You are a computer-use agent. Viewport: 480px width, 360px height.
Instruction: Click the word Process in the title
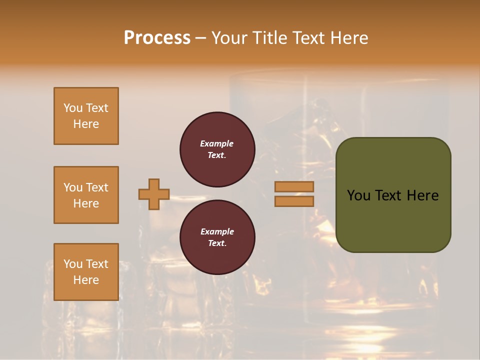tap(157, 38)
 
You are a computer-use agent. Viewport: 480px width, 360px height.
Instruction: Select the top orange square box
tap(86, 116)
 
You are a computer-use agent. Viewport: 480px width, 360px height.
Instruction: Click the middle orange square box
tap(86, 195)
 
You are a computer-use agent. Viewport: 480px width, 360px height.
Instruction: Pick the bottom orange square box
tap(86, 272)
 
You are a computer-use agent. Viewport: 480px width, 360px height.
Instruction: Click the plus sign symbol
tap(154, 194)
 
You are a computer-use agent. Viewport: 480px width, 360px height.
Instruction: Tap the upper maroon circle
tap(217, 149)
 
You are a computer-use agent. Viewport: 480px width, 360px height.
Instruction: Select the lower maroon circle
tap(217, 237)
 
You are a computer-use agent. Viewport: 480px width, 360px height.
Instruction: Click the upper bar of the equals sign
tap(294, 186)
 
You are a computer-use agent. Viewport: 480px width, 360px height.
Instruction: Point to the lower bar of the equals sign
tap(294, 201)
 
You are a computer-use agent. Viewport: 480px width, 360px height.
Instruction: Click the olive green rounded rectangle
tap(393, 195)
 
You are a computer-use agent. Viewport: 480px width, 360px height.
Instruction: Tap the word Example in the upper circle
tap(217, 143)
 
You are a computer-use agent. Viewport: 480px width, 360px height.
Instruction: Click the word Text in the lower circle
tap(217, 243)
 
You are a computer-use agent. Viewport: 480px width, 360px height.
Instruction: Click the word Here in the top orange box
tap(86, 124)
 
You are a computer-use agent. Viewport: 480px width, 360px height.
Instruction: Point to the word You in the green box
tap(358, 195)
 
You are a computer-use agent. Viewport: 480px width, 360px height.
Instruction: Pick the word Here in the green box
tap(422, 195)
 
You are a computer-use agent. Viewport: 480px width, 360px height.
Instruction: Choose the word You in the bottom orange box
tap(72, 264)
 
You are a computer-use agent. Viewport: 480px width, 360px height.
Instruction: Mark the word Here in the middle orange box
tap(86, 203)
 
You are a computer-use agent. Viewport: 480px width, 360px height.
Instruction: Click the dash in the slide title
tap(201, 38)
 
